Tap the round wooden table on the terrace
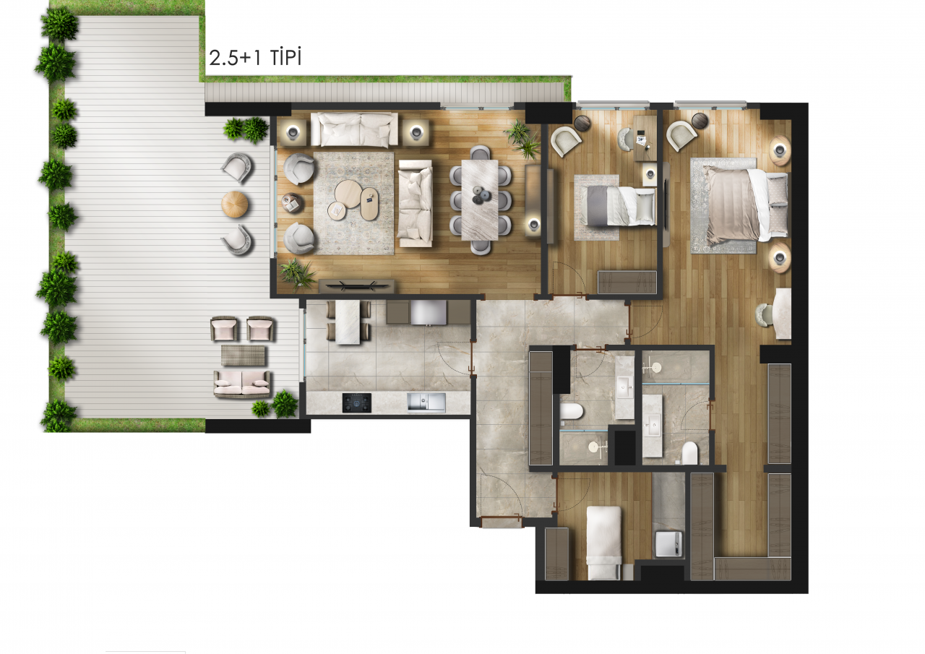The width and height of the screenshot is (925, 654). [235, 204]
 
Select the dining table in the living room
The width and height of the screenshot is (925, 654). [480, 200]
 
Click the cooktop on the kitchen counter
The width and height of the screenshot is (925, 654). [357, 403]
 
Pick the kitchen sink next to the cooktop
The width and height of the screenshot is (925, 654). [426, 403]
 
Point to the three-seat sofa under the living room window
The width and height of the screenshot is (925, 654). [354, 129]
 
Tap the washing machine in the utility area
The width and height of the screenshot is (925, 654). [668, 543]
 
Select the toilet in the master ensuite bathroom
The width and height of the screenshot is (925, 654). [689, 453]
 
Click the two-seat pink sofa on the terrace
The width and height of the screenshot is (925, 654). [242, 384]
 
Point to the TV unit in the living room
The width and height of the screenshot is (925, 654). [357, 286]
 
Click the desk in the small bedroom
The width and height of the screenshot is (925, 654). [645, 138]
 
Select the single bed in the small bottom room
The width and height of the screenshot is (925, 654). [603, 543]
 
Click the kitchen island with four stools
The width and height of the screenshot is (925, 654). [348, 322]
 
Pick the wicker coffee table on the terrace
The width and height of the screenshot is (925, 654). [244, 356]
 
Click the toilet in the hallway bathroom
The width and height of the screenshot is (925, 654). [572, 411]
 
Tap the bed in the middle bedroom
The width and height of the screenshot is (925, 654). [621, 206]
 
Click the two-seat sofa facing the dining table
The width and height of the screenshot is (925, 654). [416, 204]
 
